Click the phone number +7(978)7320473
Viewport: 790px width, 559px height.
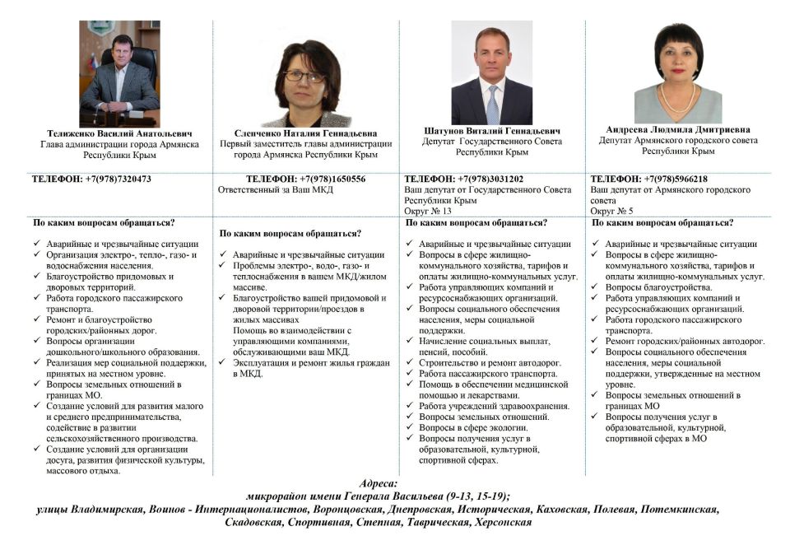tap(118, 179)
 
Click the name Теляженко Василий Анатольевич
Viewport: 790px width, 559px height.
tap(119, 133)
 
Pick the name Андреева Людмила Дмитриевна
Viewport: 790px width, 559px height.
tap(678, 129)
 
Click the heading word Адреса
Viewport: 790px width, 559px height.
tap(379, 484)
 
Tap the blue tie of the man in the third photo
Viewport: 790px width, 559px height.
tap(493, 106)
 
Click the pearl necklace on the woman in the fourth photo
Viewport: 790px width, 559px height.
tap(678, 105)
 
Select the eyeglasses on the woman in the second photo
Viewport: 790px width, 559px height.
tap(304, 76)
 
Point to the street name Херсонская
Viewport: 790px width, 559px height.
tap(498, 522)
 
